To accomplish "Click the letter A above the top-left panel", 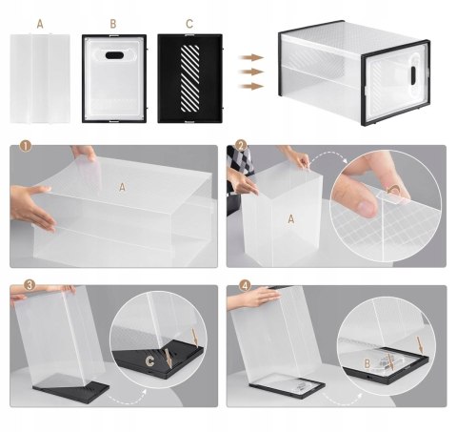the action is [x=40, y=24].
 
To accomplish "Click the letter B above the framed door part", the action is [x=113, y=24].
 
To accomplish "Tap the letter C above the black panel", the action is [x=189, y=24].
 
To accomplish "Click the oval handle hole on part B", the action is [x=114, y=55].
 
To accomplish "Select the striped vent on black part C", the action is [x=189, y=78].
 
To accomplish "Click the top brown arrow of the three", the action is [x=251, y=57].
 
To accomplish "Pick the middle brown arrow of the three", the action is [x=251, y=72].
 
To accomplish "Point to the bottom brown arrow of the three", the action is [x=251, y=86].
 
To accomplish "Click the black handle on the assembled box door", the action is [x=414, y=75].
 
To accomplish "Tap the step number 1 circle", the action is [x=26, y=146].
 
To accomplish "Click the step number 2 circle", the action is [x=242, y=146].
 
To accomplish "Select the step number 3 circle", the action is [x=30, y=285].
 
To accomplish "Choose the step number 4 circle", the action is [x=245, y=285].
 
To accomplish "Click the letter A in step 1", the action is [x=122, y=188].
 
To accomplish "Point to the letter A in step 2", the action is [x=290, y=218].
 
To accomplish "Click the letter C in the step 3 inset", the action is [x=149, y=360].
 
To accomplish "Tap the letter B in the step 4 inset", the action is [x=368, y=363].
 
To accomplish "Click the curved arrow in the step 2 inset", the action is [x=394, y=191].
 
